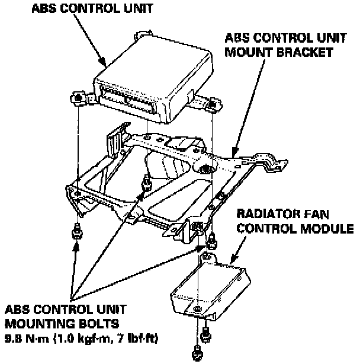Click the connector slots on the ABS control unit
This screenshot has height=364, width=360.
[127, 98]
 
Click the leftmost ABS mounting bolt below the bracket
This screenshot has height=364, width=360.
[76, 232]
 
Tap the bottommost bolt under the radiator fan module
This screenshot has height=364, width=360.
[197, 354]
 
